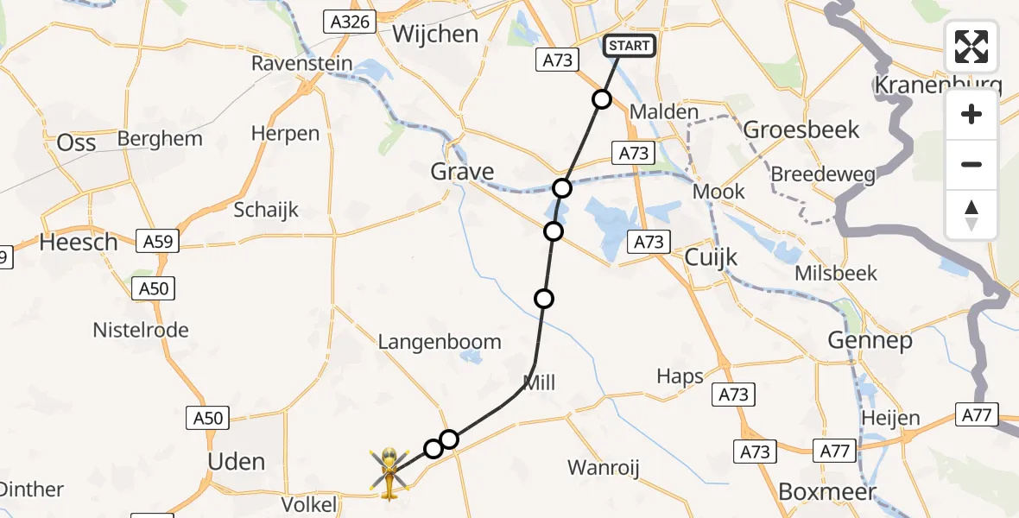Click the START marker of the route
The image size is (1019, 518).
click(x=630, y=46)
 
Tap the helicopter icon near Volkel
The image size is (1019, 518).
click(x=389, y=472)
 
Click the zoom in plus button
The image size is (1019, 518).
click(x=972, y=115)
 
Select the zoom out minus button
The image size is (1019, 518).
click(x=972, y=164)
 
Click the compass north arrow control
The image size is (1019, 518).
click(x=972, y=215)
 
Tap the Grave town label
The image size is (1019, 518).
click(x=463, y=172)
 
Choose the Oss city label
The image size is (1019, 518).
click(x=76, y=142)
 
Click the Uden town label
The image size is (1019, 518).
click(x=236, y=462)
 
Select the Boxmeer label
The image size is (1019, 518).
click(x=827, y=492)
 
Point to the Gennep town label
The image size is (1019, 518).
click(x=870, y=340)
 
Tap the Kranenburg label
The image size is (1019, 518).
click(x=938, y=85)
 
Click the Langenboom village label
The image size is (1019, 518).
click(x=440, y=342)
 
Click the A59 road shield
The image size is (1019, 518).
click(x=157, y=242)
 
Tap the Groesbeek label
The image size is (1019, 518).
click(x=801, y=129)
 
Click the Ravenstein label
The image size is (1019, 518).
click(x=302, y=64)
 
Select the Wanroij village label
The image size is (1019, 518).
click(x=603, y=468)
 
